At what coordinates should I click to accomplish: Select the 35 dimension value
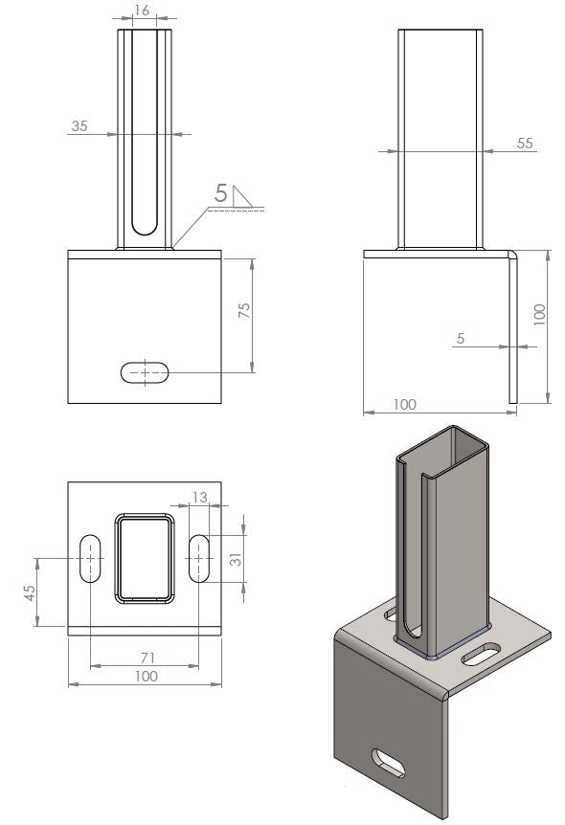click(x=79, y=125)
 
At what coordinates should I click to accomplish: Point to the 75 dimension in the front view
click(x=244, y=311)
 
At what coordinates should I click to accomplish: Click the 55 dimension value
click(x=524, y=143)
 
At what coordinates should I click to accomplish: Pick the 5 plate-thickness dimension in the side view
click(x=461, y=338)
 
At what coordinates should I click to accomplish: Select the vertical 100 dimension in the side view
click(x=538, y=312)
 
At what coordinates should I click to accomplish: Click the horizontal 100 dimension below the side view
click(x=404, y=405)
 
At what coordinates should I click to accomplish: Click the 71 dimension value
click(x=146, y=659)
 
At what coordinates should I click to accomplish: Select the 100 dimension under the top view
click(x=146, y=677)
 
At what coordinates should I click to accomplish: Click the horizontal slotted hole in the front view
click(x=146, y=372)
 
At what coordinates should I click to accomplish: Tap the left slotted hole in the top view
click(x=90, y=557)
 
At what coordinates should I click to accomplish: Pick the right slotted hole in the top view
click(x=200, y=557)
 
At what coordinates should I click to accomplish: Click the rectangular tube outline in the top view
click(x=146, y=559)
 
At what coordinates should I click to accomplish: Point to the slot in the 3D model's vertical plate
click(x=389, y=763)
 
